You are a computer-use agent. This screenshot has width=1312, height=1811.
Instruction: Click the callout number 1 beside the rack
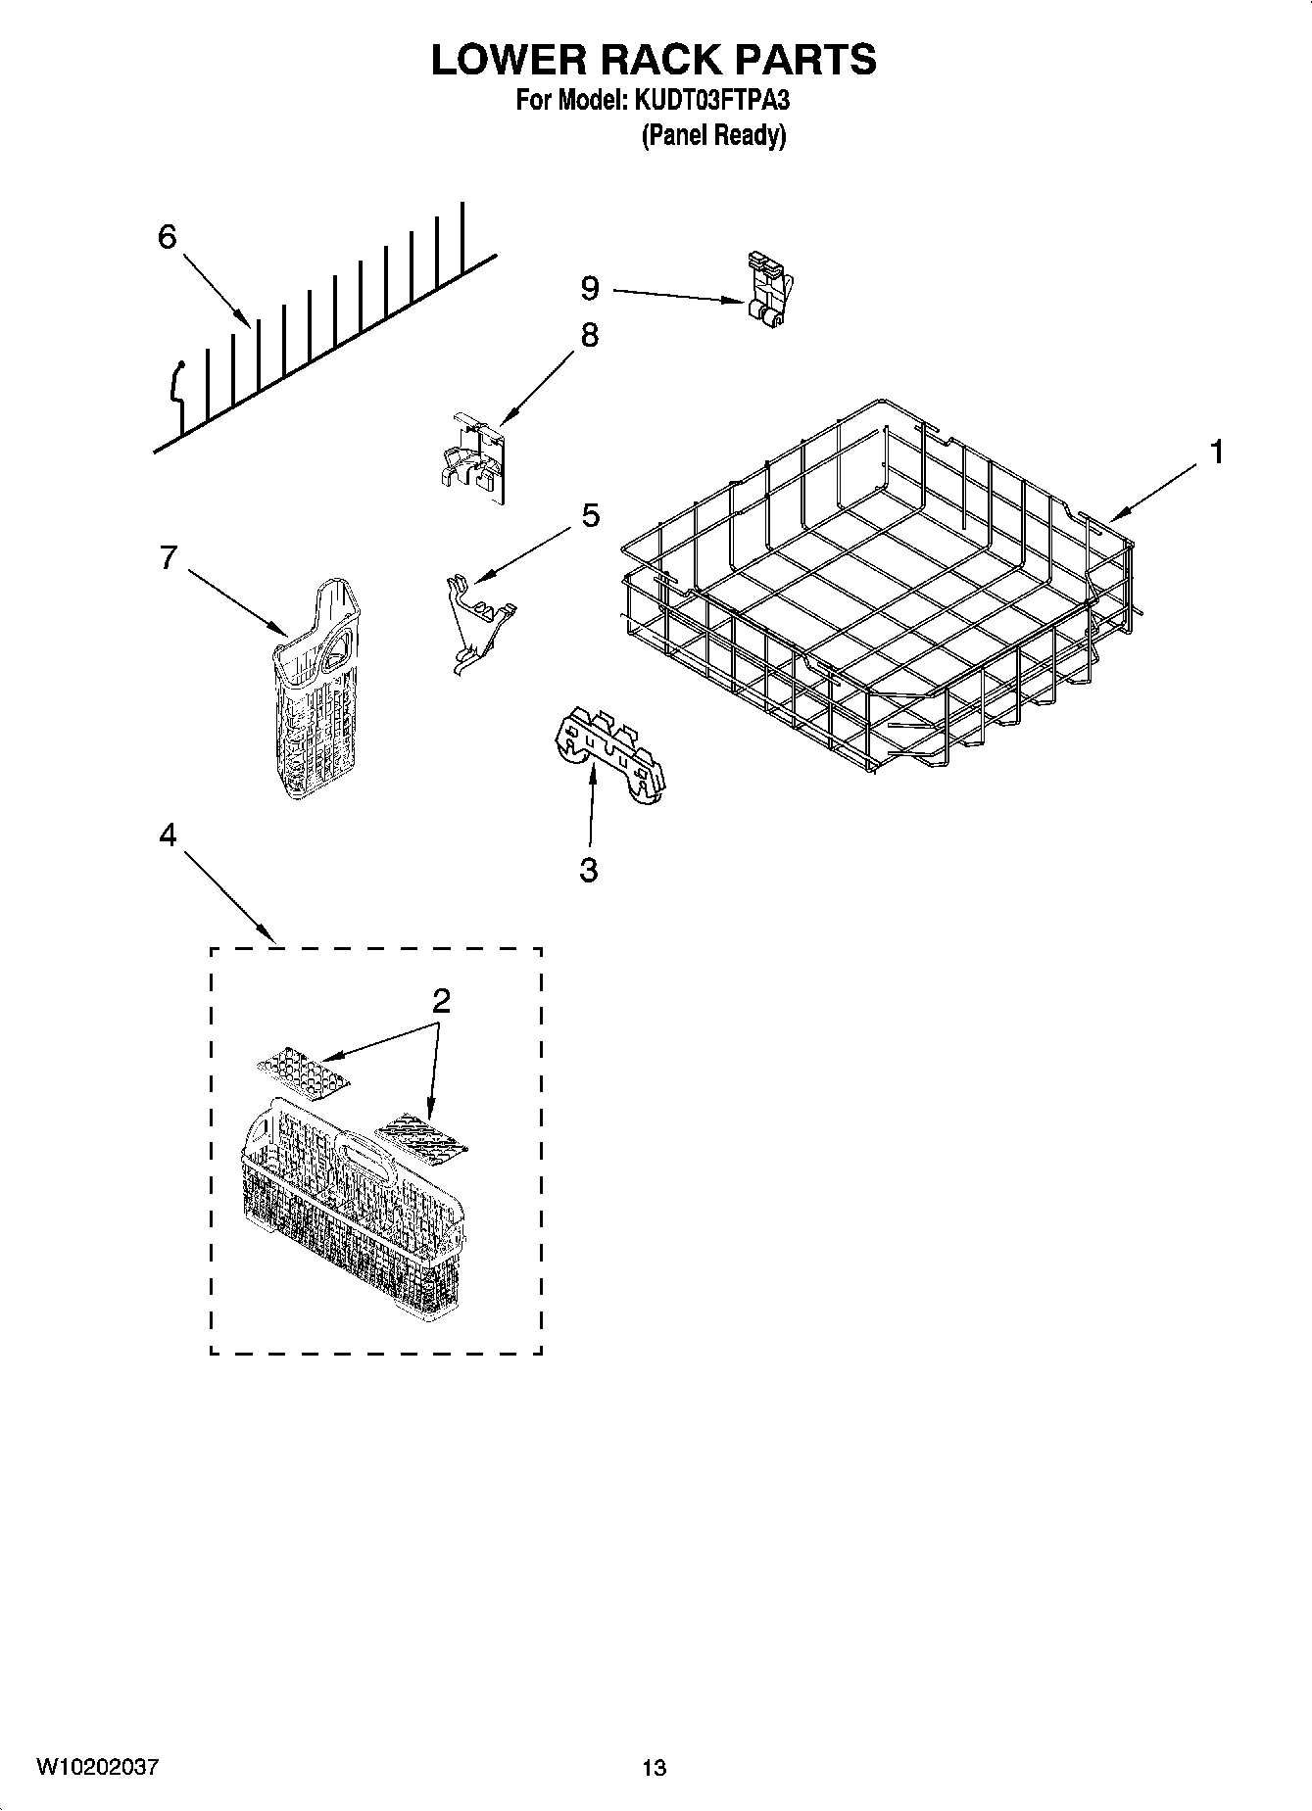[x=1216, y=453]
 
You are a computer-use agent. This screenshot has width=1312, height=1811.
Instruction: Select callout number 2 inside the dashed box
[x=441, y=1001]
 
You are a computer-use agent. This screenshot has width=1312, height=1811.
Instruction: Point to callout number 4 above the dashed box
[x=168, y=834]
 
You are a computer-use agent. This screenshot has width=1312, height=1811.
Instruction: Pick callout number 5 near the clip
[x=590, y=515]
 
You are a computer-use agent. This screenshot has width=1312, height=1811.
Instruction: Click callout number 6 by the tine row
[x=168, y=236]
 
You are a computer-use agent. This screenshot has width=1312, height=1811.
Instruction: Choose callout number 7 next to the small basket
[x=168, y=557]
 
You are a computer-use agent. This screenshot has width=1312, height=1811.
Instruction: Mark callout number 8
[x=589, y=335]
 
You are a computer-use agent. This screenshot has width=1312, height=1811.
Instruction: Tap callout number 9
[x=589, y=288]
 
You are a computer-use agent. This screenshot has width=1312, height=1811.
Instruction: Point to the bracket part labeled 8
[x=472, y=457]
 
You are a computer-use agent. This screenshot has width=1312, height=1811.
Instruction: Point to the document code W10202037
[x=97, y=1767]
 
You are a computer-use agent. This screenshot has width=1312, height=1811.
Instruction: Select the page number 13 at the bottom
[x=655, y=1768]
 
